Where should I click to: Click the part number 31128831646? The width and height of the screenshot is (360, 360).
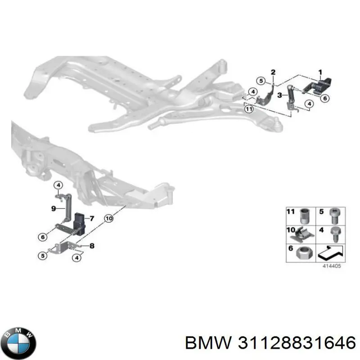[297, 343]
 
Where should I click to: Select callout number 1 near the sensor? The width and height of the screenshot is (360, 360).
[320, 72]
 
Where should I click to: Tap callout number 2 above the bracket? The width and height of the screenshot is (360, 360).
[273, 72]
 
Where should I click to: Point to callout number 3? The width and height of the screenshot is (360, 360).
[279, 95]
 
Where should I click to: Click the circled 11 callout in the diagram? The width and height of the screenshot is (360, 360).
[249, 109]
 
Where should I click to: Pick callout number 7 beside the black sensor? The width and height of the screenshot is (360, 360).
[92, 218]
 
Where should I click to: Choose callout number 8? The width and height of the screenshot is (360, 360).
[92, 246]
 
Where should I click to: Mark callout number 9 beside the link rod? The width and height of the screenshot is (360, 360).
[54, 209]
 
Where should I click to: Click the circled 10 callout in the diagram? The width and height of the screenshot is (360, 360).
[109, 218]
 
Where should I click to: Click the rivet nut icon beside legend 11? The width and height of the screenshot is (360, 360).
[306, 216]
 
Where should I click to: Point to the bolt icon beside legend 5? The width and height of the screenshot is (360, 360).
[334, 216]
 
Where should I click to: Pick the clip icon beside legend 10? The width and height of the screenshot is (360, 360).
[301, 234]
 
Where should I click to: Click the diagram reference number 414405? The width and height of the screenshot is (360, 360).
[332, 266]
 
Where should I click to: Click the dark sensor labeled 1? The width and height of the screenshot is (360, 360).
[317, 86]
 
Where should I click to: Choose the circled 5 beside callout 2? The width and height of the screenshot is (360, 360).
[261, 81]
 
